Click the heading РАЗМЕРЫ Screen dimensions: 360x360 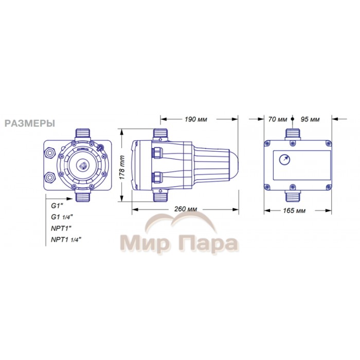pos(30,123)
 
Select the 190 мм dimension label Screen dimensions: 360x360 pos(196,119)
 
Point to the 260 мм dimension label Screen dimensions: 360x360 pos(186,209)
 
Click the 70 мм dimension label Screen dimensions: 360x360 pos(278,119)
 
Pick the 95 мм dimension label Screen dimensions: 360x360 pos(310,119)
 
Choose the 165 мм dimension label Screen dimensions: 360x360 pos(294,210)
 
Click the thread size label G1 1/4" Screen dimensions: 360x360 pos(62,217)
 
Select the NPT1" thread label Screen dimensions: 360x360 pos(61,228)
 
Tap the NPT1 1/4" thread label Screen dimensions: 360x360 pos(66,240)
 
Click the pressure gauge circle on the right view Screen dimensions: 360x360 pos(284,160)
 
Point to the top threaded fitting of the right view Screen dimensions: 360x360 pos(293,134)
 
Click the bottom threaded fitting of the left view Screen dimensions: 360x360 pos(83,195)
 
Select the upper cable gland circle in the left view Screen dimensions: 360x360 pos(50,153)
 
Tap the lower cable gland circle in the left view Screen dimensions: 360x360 pos(50,178)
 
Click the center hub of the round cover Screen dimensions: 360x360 pos(82,165)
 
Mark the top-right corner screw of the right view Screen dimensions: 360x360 pos(328,143)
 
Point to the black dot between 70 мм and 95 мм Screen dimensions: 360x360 pos(292,119)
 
